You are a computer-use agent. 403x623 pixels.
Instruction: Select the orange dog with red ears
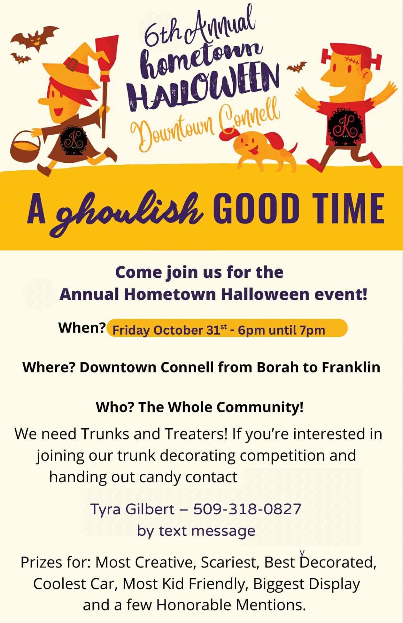(260, 148)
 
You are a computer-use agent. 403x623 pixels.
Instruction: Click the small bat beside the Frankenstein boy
(297, 67)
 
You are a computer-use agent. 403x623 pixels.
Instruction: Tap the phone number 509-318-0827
(247, 508)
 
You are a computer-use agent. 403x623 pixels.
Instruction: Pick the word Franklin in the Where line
(351, 367)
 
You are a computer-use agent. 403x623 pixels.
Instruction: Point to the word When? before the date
(82, 328)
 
